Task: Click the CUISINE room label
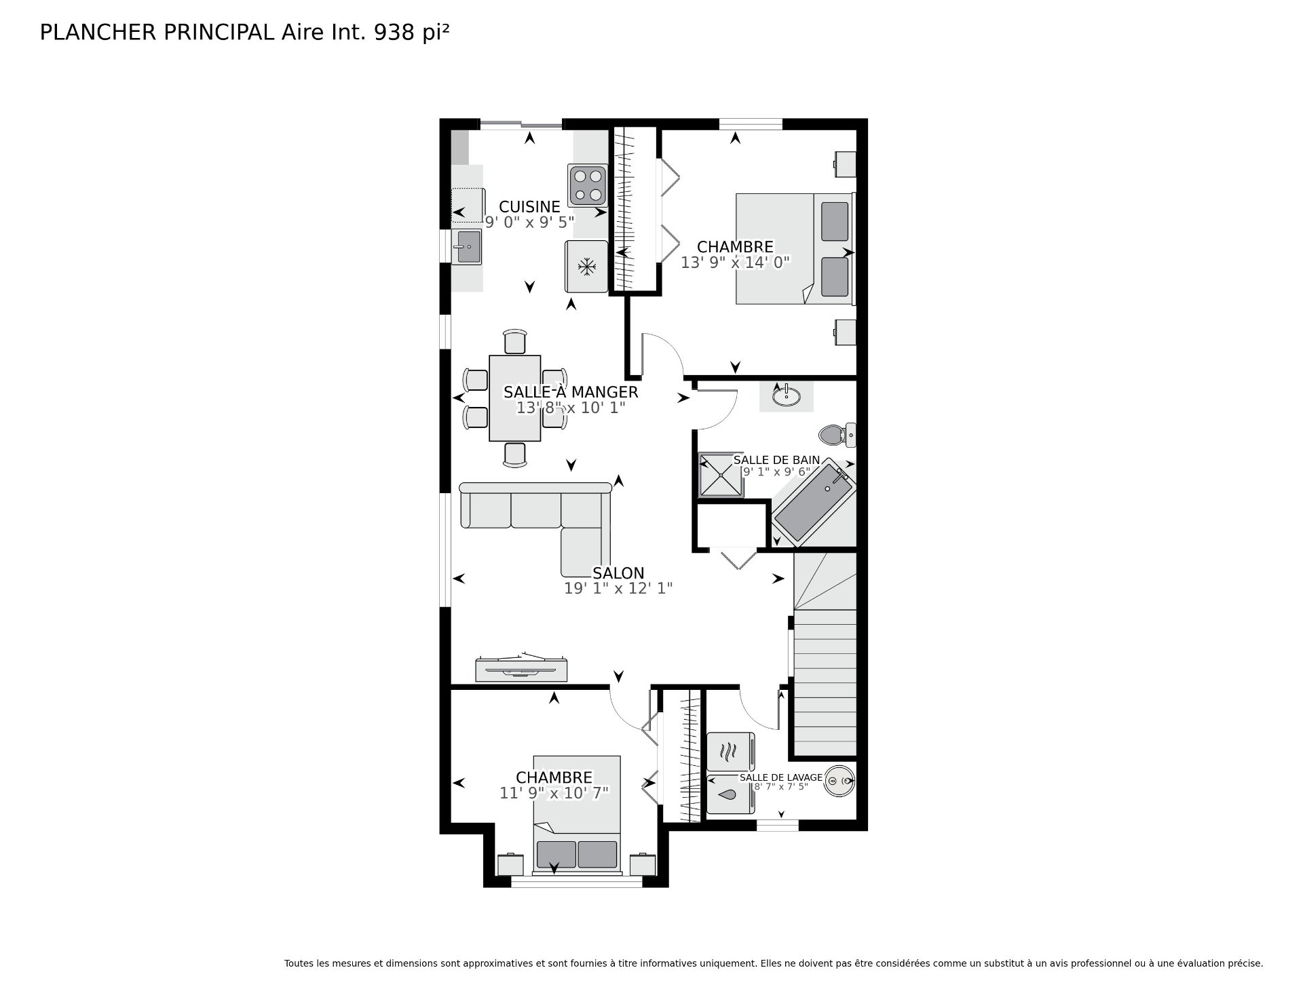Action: pyautogui.click(x=529, y=206)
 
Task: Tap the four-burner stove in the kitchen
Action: pyautogui.click(x=588, y=185)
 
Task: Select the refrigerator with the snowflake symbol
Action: pyautogui.click(x=586, y=267)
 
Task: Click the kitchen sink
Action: pyautogui.click(x=468, y=246)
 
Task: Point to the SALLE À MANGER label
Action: pyautogui.click(x=570, y=392)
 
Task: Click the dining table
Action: pyautogui.click(x=515, y=398)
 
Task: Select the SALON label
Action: pyautogui.click(x=618, y=573)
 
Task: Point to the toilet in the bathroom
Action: pyautogui.click(x=837, y=434)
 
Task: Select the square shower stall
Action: pyautogui.click(x=721, y=476)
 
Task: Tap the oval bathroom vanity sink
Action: pyautogui.click(x=786, y=396)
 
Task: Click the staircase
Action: pyautogui.click(x=825, y=655)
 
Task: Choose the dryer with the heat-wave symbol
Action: pyautogui.click(x=730, y=752)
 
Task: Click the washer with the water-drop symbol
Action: pyautogui.click(x=730, y=794)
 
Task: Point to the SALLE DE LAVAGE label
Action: pyautogui.click(x=781, y=777)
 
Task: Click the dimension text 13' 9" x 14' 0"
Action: pyautogui.click(x=736, y=263)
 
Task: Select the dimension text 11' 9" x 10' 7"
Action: pyautogui.click(x=554, y=792)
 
